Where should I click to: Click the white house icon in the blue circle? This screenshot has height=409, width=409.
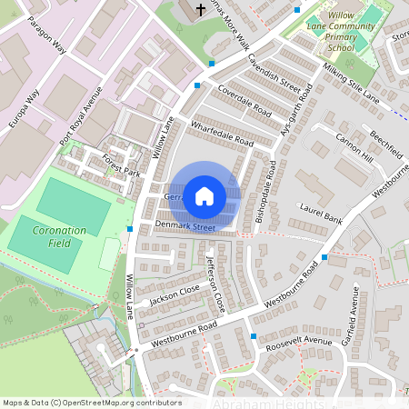click(204, 195)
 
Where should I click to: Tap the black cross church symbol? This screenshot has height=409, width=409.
click(198, 10)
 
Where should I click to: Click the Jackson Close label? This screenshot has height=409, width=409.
click(175, 291)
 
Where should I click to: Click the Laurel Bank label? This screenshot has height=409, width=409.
click(320, 214)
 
